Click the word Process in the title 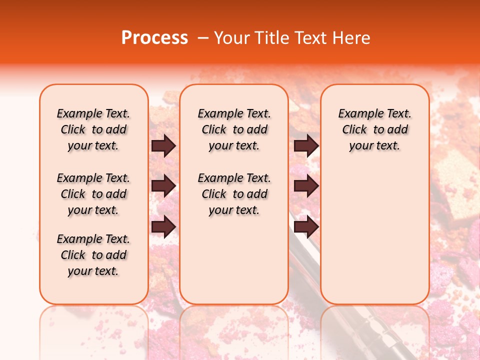point(154,38)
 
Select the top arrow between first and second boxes point(163,146)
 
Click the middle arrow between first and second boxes point(163,186)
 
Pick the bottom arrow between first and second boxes point(163,226)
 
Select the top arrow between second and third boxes point(306,146)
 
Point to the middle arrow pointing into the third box point(306,186)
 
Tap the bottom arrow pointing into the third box point(306,226)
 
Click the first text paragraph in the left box point(93,129)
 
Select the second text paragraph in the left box point(93,194)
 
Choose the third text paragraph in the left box point(93,255)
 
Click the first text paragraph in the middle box point(234,129)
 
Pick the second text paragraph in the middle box point(234,194)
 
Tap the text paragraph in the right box point(374,129)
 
